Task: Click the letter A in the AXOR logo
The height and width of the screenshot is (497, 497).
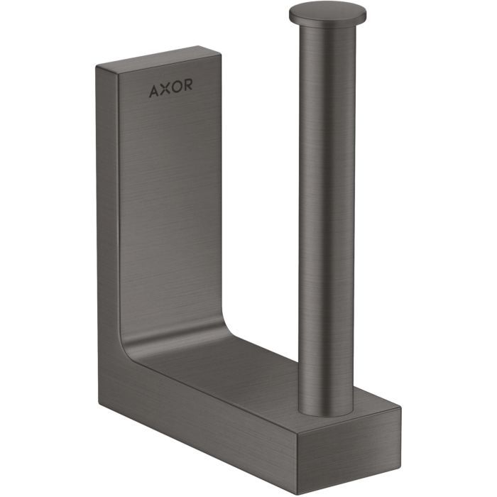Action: pyautogui.click(x=154, y=91)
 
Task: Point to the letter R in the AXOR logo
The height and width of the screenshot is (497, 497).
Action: pyautogui.click(x=187, y=85)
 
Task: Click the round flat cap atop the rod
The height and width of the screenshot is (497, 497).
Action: pyautogui.click(x=328, y=14)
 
